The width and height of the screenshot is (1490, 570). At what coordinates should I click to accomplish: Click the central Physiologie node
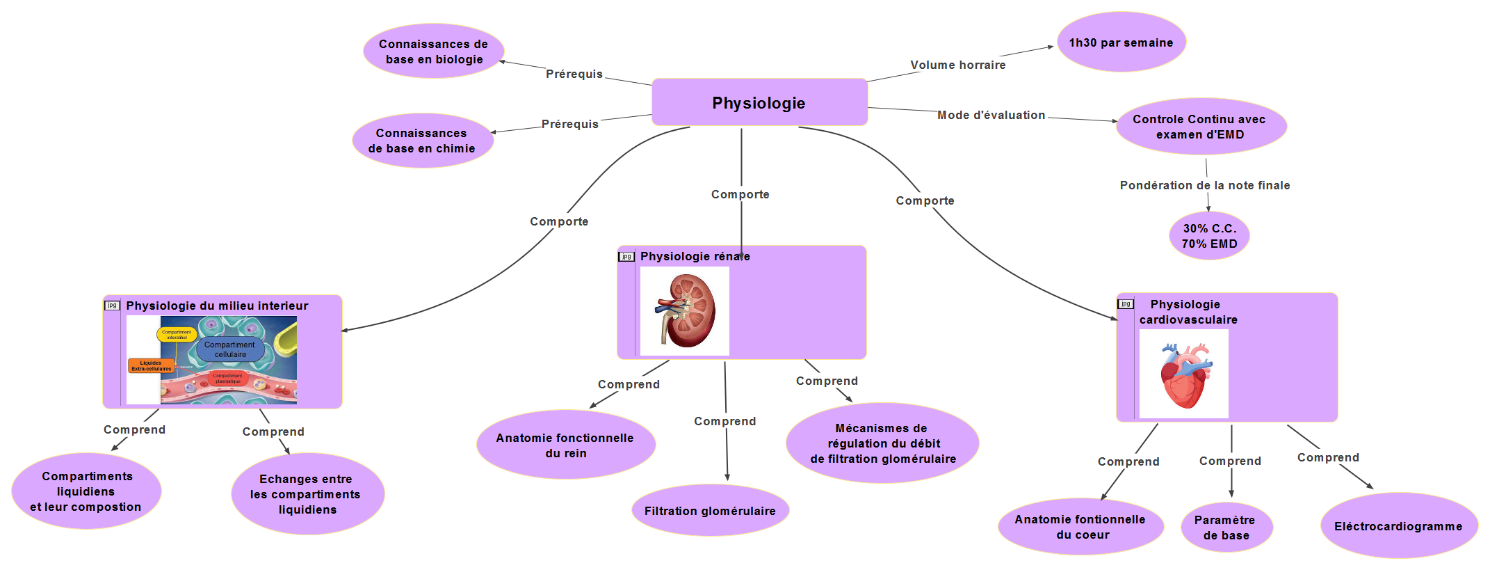(x=759, y=102)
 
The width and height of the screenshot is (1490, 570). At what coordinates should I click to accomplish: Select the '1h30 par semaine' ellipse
(x=1121, y=42)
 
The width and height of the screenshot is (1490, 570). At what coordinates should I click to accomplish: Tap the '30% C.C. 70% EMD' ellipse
(x=1209, y=236)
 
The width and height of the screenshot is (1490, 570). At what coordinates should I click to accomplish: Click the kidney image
(x=685, y=311)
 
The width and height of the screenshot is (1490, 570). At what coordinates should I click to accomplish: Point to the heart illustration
(x=1184, y=374)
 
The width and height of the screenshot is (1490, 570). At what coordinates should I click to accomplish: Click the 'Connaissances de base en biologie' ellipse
(x=433, y=52)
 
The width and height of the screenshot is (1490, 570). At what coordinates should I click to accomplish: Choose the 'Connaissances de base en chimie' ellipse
(x=422, y=141)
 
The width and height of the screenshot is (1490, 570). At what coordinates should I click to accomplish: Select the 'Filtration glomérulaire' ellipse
(x=710, y=511)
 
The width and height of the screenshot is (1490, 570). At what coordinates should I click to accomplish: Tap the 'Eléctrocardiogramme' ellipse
(x=1398, y=526)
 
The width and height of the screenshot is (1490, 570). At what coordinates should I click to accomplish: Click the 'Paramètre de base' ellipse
(x=1226, y=528)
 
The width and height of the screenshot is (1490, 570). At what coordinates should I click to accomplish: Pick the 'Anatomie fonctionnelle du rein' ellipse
(x=565, y=445)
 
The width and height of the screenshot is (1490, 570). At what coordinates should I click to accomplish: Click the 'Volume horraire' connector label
(x=957, y=65)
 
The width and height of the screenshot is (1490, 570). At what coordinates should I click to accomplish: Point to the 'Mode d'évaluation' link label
(x=991, y=115)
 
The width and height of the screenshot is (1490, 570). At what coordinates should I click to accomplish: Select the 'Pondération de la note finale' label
(x=1204, y=185)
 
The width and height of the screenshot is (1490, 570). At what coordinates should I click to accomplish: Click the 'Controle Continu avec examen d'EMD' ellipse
(x=1200, y=127)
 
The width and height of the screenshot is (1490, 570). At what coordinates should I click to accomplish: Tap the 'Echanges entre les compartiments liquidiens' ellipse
(x=307, y=494)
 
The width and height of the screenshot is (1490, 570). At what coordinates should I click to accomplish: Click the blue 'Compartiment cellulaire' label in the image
(x=230, y=349)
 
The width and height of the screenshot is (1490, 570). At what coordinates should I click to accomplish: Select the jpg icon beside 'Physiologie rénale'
(x=626, y=257)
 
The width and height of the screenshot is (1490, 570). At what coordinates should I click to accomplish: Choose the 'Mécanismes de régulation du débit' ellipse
(x=882, y=443)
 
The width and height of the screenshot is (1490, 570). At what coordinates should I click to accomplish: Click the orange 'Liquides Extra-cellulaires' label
(x=151, y=365)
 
